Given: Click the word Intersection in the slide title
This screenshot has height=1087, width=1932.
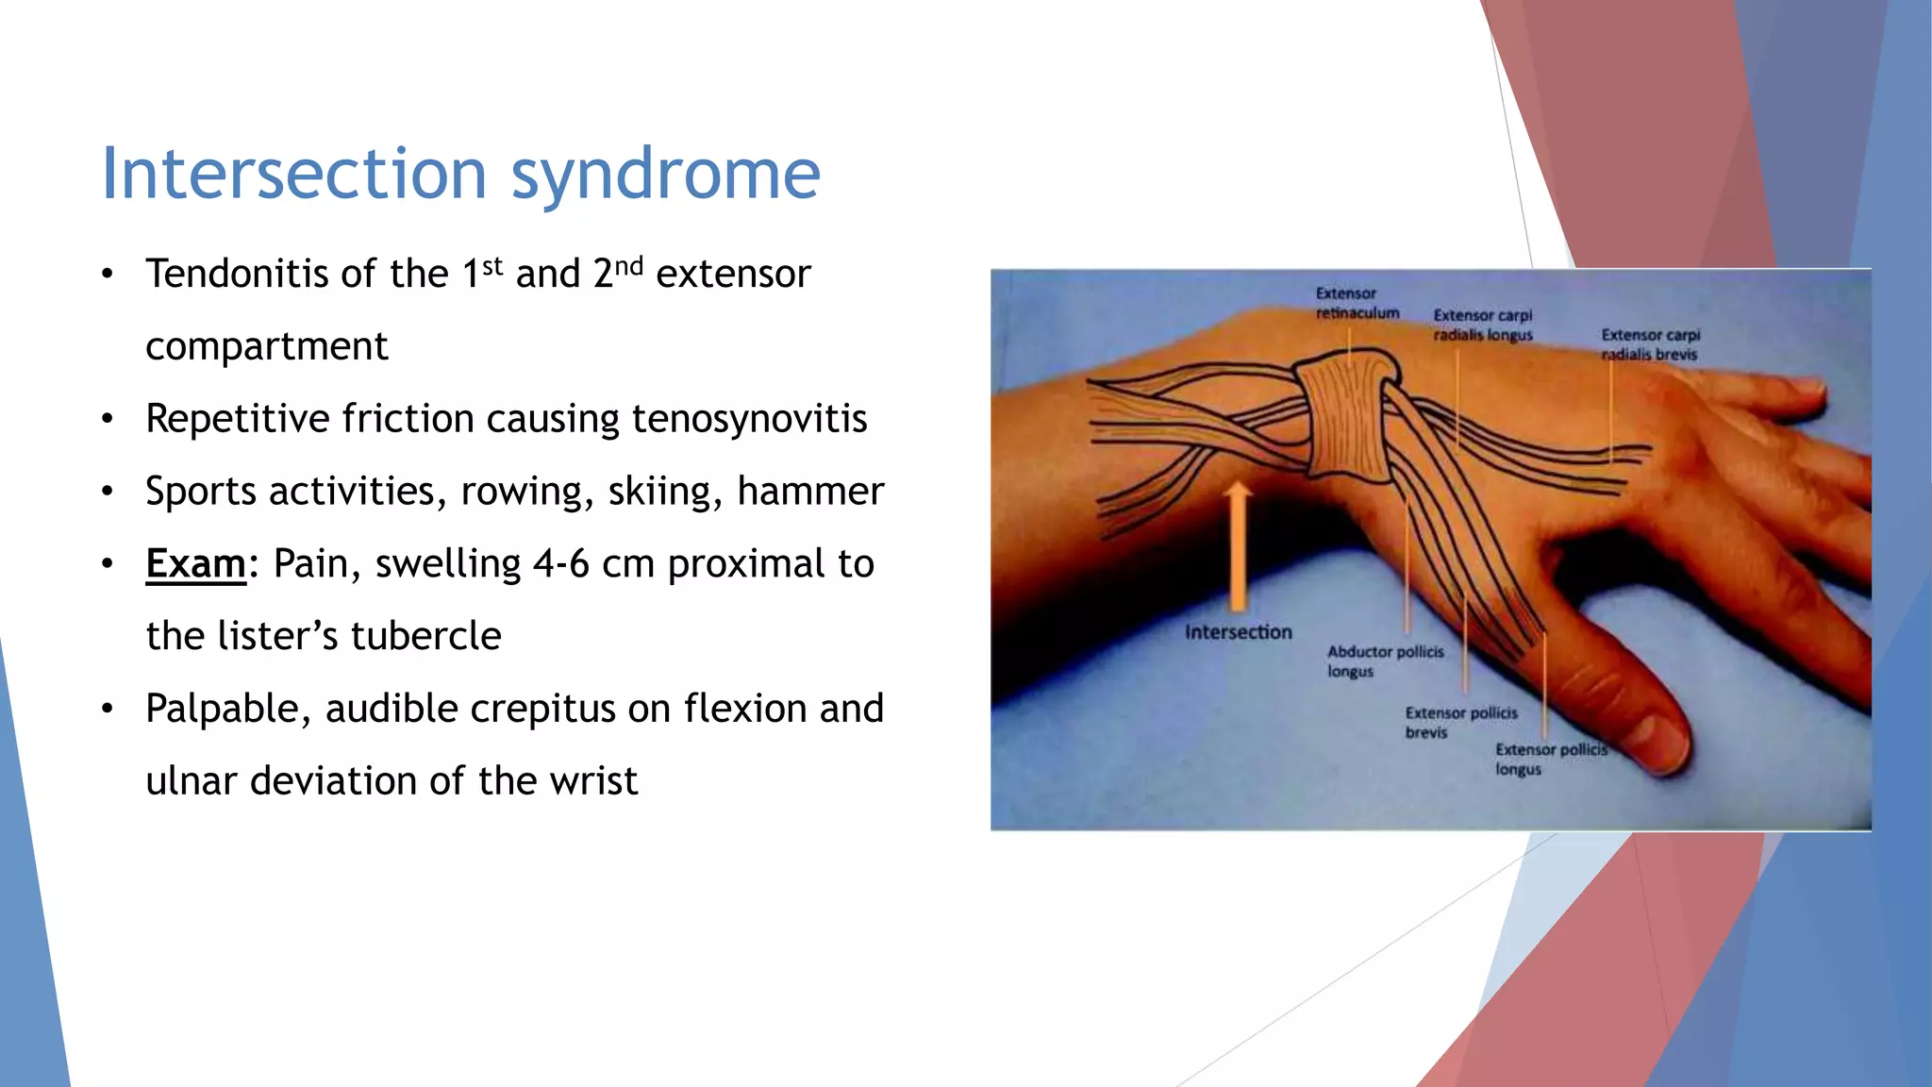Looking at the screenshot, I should (x=293, y=174).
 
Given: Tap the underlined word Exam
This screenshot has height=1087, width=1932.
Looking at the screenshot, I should (x=195, y=564).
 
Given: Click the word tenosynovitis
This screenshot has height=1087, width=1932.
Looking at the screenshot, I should (x=749, y=419).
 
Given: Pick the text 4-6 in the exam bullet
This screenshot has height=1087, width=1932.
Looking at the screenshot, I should (x=561, y=564).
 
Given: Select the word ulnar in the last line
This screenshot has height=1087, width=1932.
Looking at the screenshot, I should (x=192, y=782).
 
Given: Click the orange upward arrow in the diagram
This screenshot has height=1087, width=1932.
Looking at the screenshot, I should (x=1238, y=547).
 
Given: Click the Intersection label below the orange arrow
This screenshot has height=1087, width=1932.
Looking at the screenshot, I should (x=1238, y=632).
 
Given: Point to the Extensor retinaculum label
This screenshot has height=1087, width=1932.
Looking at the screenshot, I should (x=1357, y=303).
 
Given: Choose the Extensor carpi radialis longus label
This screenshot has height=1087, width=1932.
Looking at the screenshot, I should (x=1482, y=325).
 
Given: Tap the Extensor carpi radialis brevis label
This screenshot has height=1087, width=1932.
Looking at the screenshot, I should (x=1650, y=344).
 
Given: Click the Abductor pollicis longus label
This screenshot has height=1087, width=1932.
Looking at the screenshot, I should (x=1384, y=661).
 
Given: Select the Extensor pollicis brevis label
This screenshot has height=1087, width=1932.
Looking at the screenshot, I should (x=1460, y=722).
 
